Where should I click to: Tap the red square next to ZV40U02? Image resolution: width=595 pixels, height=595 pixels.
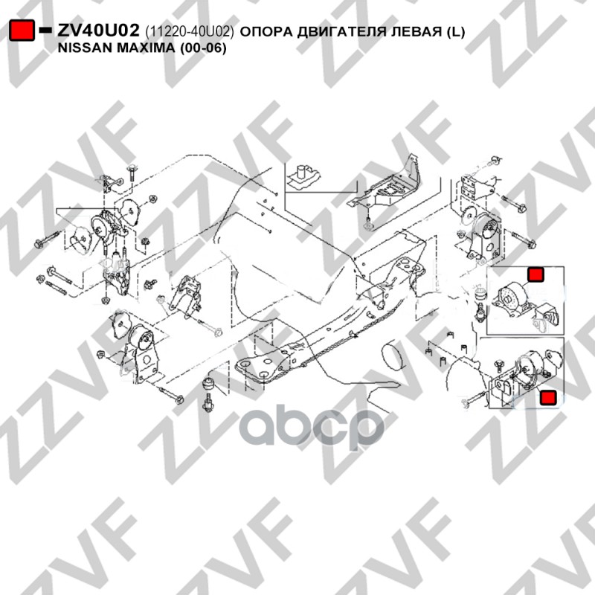(x=22, y=30)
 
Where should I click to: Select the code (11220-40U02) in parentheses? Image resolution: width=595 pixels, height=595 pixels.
(x=190, y=31)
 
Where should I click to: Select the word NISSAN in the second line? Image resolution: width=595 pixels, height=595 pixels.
(x=84, y=47)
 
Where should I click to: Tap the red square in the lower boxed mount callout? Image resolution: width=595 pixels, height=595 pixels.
(x=548, y=398)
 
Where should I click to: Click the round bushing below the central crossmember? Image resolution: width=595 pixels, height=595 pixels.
(x=209, y=387)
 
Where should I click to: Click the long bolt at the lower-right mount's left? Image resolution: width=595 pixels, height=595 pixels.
(x=477, y=399)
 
